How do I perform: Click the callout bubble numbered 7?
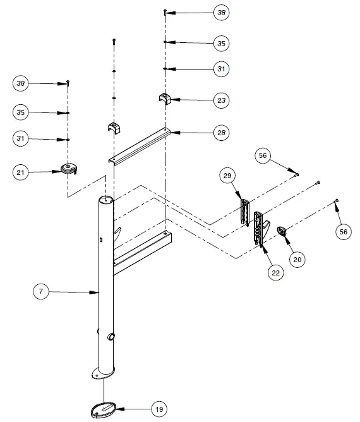tap(40, 291)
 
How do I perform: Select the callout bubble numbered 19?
tap(159, 409)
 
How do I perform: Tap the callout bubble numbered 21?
tap(22, 171)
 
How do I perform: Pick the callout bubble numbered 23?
tap(220, 100)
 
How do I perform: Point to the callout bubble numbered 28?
tap(220, 133)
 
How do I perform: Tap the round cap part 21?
tap(68, 168)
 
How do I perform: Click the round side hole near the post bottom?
tap(112, 336)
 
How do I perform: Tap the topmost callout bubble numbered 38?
tap(220, 12)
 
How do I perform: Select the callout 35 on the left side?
tap(22, 112)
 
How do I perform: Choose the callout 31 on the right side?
tap(220, 68)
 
